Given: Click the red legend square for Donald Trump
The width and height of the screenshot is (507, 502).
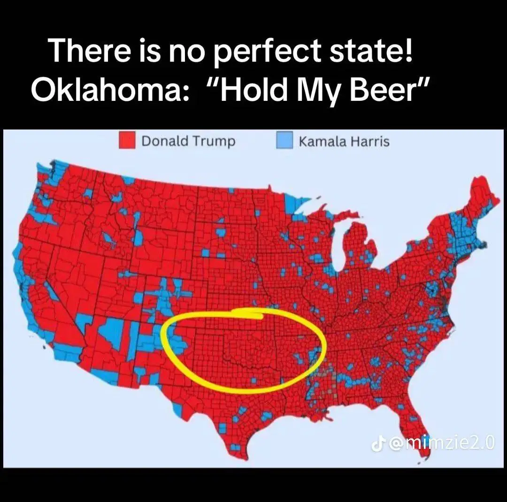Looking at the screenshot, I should coord(127,141).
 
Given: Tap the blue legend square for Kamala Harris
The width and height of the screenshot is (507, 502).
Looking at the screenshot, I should coord(284,141).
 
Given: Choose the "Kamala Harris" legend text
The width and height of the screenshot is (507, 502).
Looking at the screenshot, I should coord(344,141).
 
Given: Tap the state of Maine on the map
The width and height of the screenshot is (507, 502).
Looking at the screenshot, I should coord(484,197).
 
